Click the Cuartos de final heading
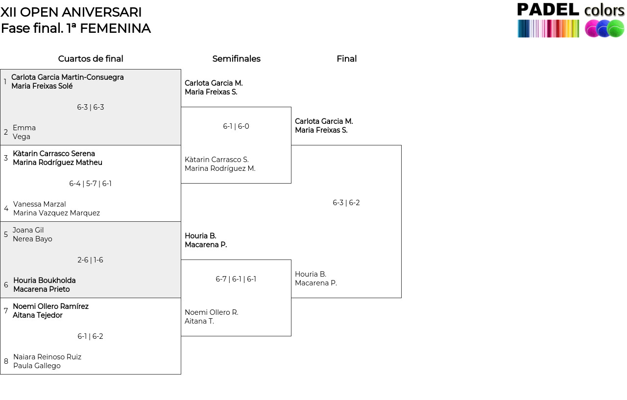pyautogui.click(x=91, y=59)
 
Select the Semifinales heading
pyautogui.click(x=236, y=59)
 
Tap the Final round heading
pyautogui.click(x=346, y=59)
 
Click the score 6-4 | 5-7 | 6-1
pyautogui.click(x=90, y=184)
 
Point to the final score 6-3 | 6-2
pyautogui.click(x=346, y=203)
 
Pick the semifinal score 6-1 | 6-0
pyautogui.click(x=236, y=126)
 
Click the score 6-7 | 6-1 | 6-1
pyautogui.click(x=236, y=279)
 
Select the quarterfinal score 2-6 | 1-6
pyautogui.click(x=90, y=260)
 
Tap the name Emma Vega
pyautogui.click(x=24, y=132)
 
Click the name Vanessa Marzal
pyautogui.click(x=40, y=204)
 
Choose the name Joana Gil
pyautogui.click(x=28, y=230)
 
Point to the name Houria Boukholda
pyautogui.click(x=45, y=280)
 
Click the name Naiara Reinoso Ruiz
pyautogui.click(x=48, y=357)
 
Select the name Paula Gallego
pyautogui.click(x=37, y=366)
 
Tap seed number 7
pyautogui.click(x=6, y=311)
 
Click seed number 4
pyautogui.click(x=6, y=209)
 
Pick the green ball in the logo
pyautogui.click(x=616, y=28)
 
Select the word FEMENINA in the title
pyautogui.click(x=115, y=28)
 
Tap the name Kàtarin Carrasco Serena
pyautogui.click(x=54, y=154)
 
